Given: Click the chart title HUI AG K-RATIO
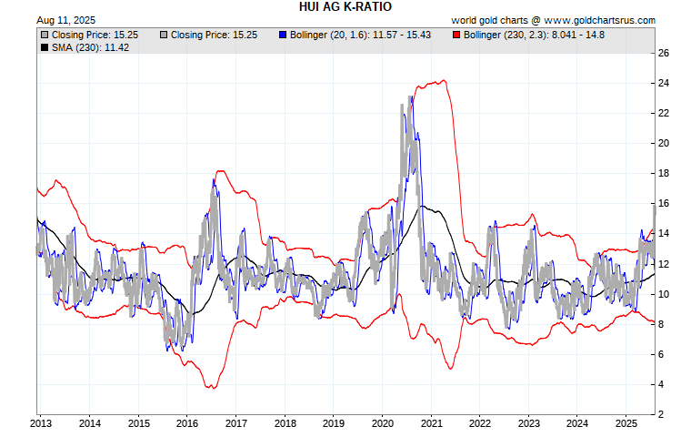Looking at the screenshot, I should tap(345, 6).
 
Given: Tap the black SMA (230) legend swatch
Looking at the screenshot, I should tap(45, 47).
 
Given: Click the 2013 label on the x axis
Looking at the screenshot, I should tap(41, 423).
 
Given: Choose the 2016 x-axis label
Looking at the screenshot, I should tap(187, 423).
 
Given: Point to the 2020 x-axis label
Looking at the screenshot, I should tap(383, 423).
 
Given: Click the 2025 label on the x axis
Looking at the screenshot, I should tap(626, 423).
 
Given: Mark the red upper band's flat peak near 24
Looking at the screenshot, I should tap(440, 81).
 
